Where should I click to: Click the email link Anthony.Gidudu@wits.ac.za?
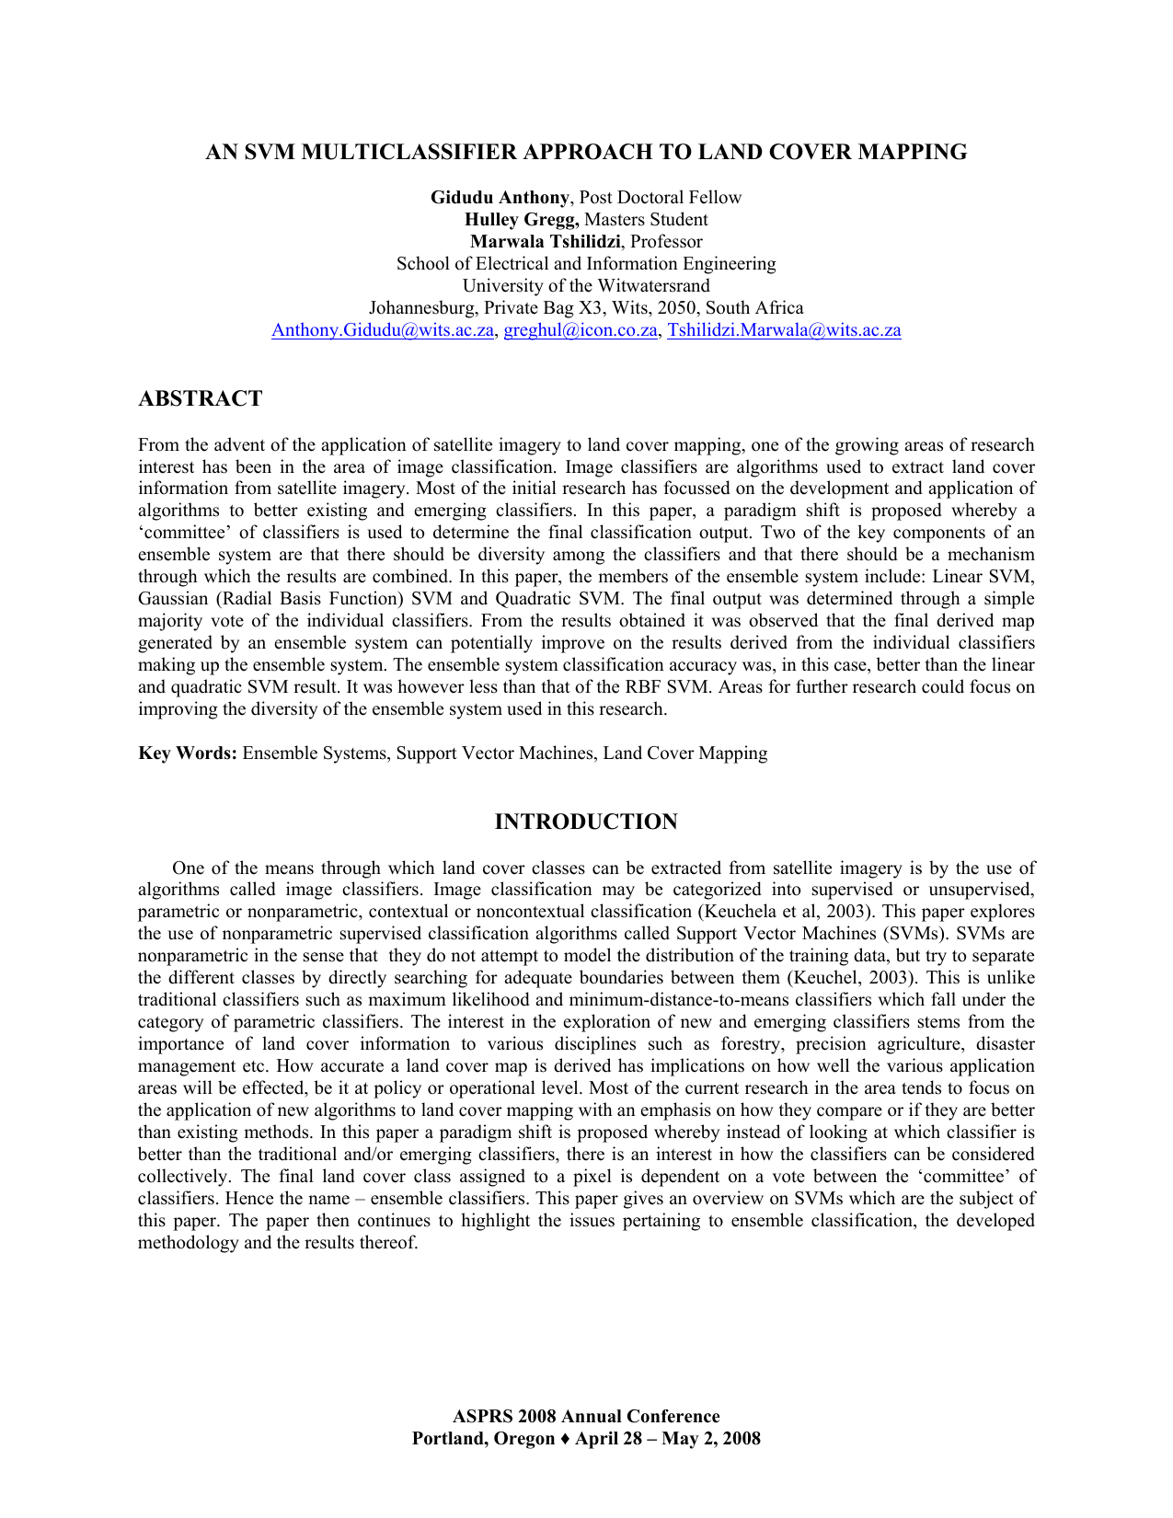(x=383, y=330)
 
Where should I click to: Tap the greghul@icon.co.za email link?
(x=581, y=330)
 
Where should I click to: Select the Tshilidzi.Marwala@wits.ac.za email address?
(x=784, y=330)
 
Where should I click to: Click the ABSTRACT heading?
(x=200, y=398)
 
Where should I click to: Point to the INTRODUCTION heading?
(x=586, y=822)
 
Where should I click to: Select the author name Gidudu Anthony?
(x=500, y=198)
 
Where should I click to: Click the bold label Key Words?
(x=188, y=753)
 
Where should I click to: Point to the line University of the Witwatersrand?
(x=586, y=286)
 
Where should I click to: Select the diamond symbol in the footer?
(x=565, y=1439)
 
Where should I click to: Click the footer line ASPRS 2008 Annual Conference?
(x=586, y=1417)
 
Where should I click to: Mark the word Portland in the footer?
(x=445, y=1439)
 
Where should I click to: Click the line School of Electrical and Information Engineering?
(x=586, y=264)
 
